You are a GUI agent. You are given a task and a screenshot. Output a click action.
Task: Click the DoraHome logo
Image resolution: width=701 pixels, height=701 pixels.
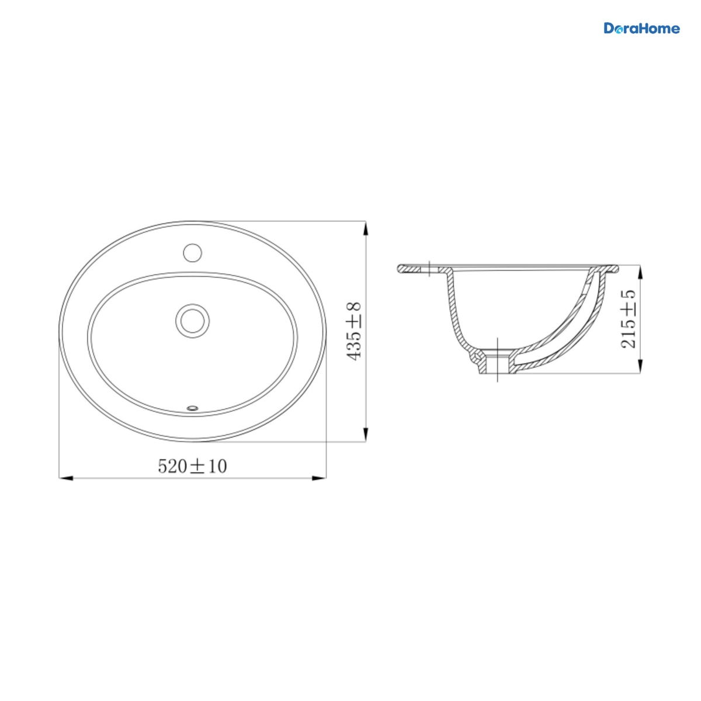coord(641,29)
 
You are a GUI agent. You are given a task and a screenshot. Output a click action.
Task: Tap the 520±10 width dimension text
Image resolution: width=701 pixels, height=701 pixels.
coord(192,466)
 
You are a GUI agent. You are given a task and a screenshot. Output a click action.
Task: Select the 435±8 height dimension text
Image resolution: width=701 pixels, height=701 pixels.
coord(354,331)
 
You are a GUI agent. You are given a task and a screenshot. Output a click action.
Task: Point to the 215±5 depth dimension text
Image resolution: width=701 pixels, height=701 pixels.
coord(629,319)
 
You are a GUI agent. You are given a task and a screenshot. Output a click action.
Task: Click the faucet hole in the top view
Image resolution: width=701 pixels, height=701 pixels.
coord(192,252)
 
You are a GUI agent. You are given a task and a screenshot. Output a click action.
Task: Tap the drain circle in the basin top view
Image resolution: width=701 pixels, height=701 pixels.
coord(192,321)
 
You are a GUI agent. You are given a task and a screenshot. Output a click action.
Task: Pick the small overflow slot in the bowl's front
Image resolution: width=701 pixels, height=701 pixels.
coord(192,408)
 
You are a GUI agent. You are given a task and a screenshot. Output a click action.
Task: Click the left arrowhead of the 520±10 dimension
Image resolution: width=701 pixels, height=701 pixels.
coord(66,478)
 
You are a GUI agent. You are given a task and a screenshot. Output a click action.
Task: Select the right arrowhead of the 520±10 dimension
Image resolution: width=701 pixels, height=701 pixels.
coord(319,478)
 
